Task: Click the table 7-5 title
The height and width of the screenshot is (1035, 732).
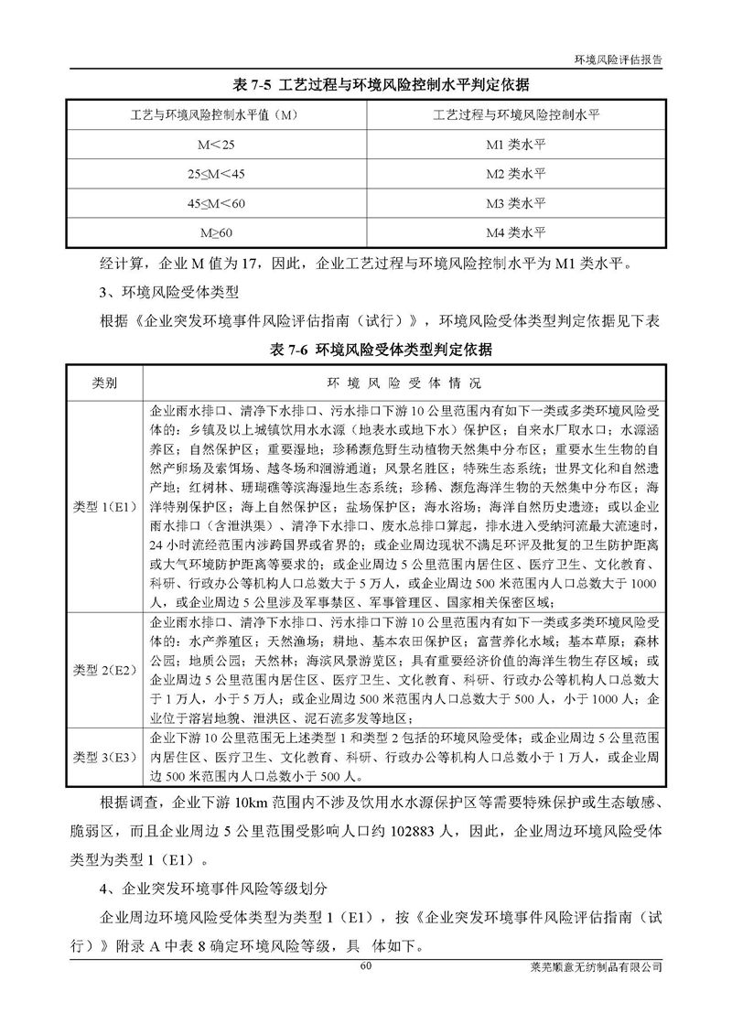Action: (366, 85)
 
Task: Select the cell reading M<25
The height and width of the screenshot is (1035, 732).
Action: (216, 145)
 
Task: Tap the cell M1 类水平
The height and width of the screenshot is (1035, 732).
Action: (515, 145)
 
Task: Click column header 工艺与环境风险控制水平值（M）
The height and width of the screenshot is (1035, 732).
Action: (216, 114)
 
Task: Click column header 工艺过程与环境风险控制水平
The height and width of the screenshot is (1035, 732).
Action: (515, 114)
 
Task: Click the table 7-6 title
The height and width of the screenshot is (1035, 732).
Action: (366, 350)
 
